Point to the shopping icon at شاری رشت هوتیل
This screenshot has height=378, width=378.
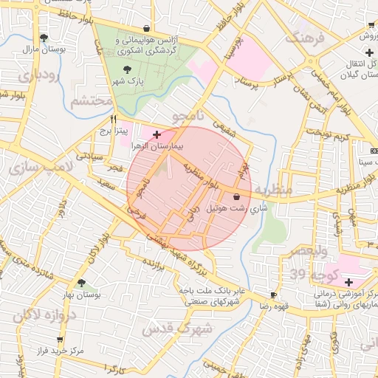click(236, 197)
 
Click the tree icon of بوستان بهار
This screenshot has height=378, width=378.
click(81, 283)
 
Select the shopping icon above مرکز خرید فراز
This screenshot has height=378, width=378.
click(60, 340)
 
